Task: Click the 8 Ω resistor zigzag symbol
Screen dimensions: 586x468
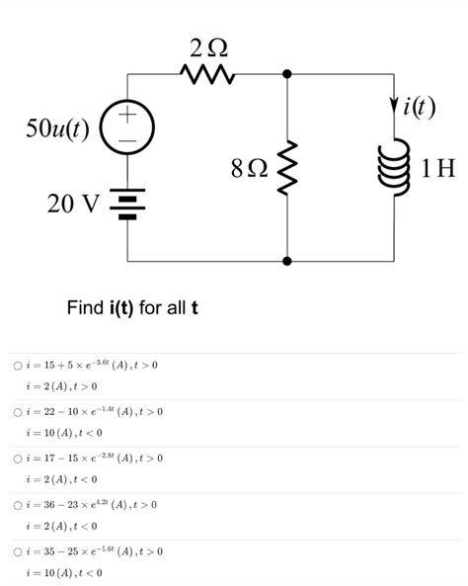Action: click(x=287, y=168)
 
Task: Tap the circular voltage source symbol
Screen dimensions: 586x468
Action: click(x=128, y=129)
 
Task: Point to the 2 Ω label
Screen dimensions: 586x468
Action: click(x=209, y=46)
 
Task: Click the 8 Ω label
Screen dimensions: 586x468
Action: click(x=249, y=169)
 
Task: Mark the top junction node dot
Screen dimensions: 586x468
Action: click(x=287, y=73)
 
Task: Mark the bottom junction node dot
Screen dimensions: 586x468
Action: click(x=287, y=262)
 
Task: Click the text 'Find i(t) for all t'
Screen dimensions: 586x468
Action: click(x=132, y=308)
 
